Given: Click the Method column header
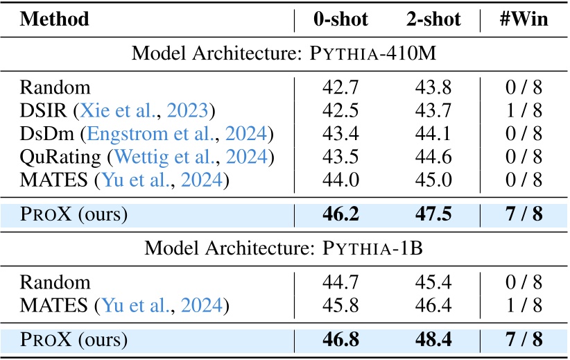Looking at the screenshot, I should (55, 19).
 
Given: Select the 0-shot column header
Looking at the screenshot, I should (343, 19).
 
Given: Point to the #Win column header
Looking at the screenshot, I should (524, 19).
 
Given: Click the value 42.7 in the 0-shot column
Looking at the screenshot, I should (341, 87).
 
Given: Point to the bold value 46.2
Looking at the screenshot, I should (341, 214).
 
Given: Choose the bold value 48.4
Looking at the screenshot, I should (433, 340).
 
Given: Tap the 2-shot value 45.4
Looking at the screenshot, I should (433, 282).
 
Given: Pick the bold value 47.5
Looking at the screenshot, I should (433, 214).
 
